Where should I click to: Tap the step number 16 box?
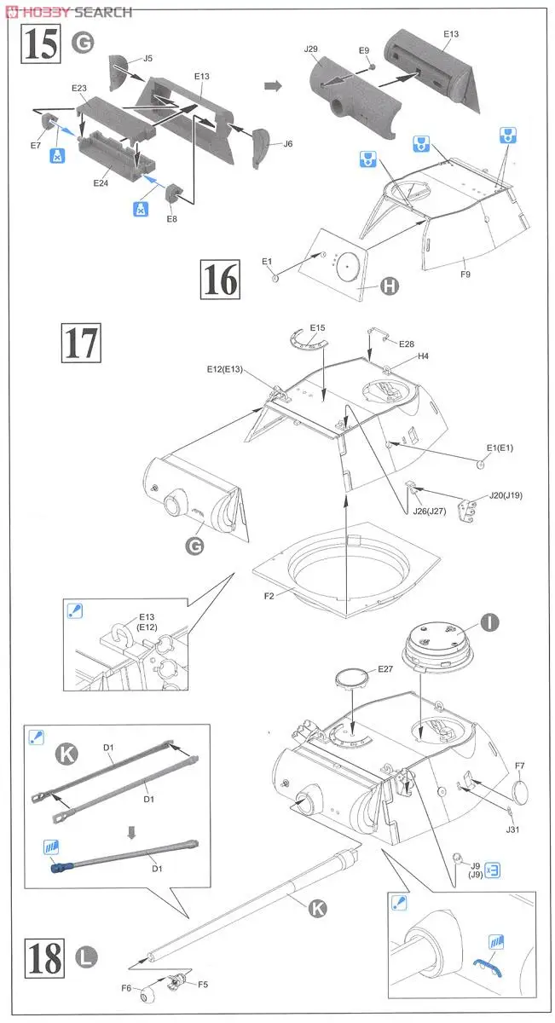click(220, 279)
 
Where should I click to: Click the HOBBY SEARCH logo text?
click(67, 12)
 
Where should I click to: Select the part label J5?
click(147, 58)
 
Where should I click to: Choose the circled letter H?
click(389, 287)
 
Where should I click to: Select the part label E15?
click(318, 327)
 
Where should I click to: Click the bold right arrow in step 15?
click(273, 85)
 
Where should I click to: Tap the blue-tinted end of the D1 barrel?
click(60, 869)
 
